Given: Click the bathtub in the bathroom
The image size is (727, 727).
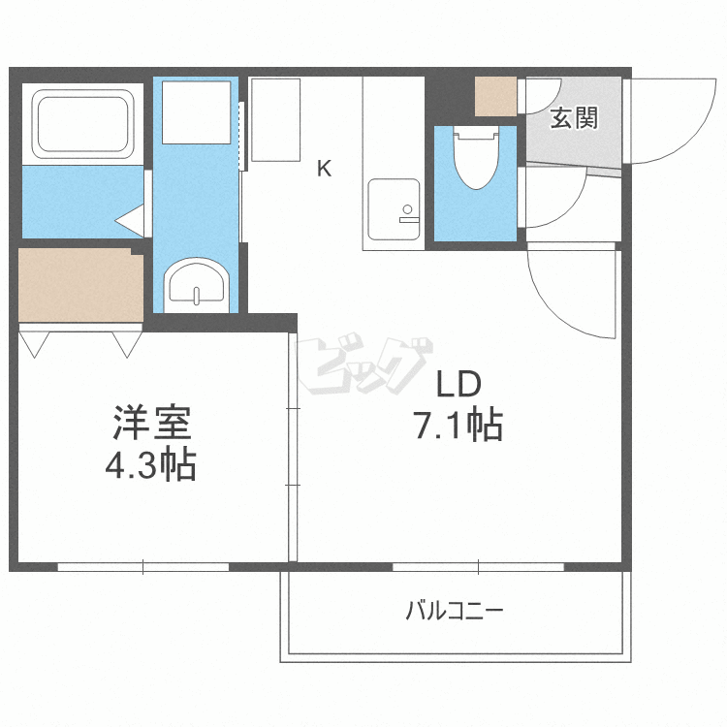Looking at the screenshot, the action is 82,124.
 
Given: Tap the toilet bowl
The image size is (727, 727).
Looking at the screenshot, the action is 476,158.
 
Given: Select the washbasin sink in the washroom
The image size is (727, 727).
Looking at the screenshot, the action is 197,283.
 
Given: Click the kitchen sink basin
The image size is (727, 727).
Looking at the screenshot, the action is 394,209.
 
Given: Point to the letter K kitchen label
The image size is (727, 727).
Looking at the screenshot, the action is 324,169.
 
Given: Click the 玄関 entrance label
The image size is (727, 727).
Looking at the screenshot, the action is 574,117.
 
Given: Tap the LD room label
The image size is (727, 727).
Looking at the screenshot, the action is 459,385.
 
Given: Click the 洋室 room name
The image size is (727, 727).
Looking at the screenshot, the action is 151,423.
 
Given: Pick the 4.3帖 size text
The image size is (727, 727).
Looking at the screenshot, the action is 151,464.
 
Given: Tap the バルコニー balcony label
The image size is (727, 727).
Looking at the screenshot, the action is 455,611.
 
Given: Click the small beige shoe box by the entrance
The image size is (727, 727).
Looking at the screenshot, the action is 495,96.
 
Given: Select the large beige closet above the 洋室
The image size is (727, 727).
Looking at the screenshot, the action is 80,285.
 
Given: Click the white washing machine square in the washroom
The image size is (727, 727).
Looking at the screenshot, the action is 196,112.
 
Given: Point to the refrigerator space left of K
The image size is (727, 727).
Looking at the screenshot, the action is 275,119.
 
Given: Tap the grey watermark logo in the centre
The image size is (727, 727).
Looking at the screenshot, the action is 364,363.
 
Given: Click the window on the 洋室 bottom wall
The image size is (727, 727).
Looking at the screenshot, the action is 143,567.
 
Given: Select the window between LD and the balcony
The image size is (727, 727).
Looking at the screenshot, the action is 478,567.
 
